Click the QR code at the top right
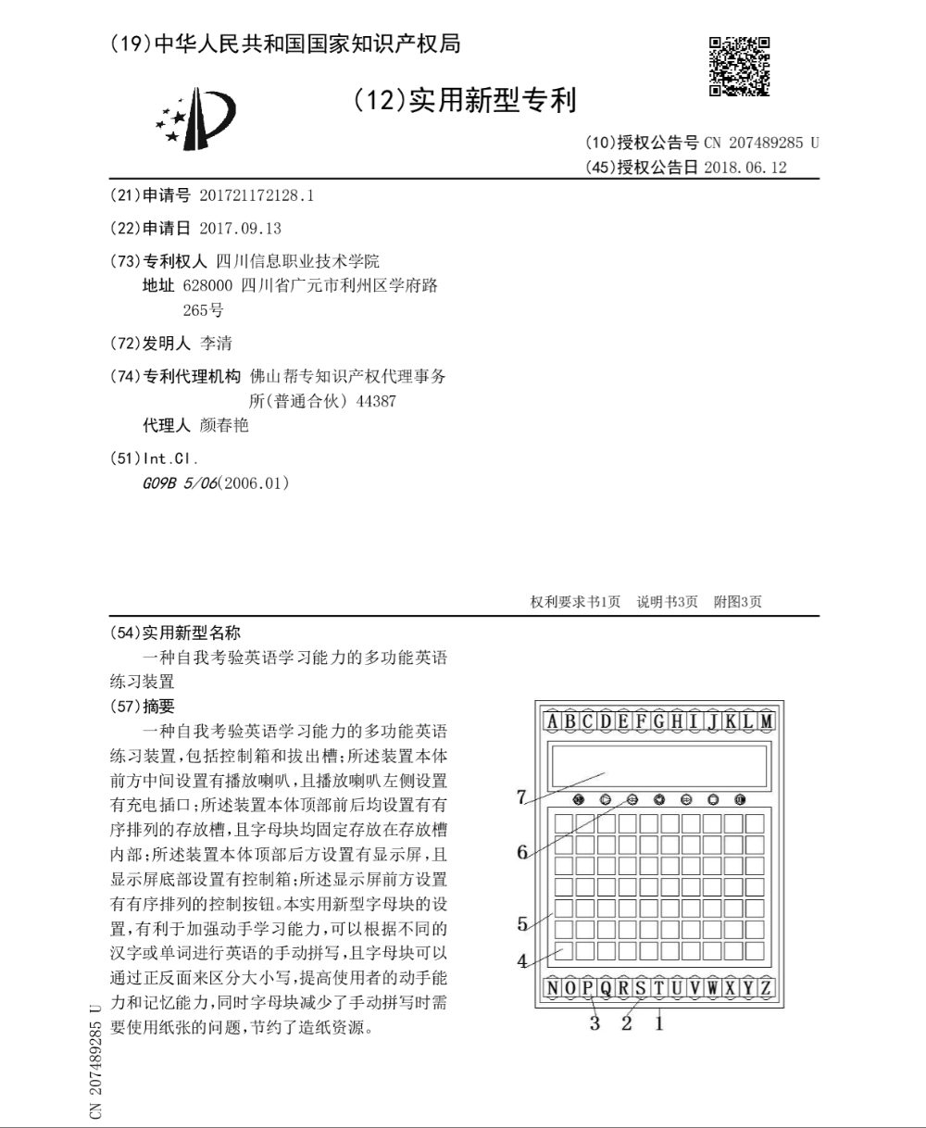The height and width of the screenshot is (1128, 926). coord(739,66)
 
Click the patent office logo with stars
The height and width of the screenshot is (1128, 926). coord(195,119)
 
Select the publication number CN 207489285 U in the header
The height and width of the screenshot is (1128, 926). coord(761,144)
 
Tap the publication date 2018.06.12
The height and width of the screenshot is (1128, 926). coord(745,168)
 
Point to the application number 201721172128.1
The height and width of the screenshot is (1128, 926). coord(257,196)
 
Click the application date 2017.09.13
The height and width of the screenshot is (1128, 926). coord(240,229)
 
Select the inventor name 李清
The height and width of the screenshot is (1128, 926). coord(217,344)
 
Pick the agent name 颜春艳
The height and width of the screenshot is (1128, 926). coord(224,426)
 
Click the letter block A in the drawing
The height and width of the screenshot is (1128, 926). coord(553,721)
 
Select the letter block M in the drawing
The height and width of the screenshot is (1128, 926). coord(766,721)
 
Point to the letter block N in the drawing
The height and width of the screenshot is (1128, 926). coord(553,988)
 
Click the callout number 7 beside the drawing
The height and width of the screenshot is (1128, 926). coord(521,796)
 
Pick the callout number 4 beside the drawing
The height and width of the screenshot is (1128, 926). coord(522,960)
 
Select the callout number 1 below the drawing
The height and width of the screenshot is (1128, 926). coord(659,1023)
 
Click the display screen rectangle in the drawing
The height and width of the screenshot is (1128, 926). coord(658,765)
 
